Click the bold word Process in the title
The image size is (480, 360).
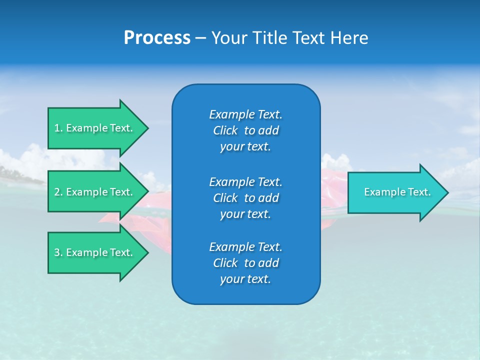click(x=157, y=38)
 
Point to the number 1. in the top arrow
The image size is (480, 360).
click(x=58, y=128)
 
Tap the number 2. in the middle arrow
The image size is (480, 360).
click(x=58, y=192)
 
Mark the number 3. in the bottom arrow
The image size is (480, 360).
click(x=58, y=252)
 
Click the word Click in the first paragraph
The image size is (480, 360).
click(x=225, y=130)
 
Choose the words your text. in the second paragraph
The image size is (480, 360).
click(x=245, y=214)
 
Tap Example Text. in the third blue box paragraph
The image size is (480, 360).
click(x=245, y=247)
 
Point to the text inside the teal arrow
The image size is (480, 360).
click(x=397, y=192)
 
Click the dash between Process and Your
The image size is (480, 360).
click(x=200, y=38)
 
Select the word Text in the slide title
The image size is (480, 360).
click(x=307, y=38)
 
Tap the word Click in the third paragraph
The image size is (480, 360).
click(x=225, y=263)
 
